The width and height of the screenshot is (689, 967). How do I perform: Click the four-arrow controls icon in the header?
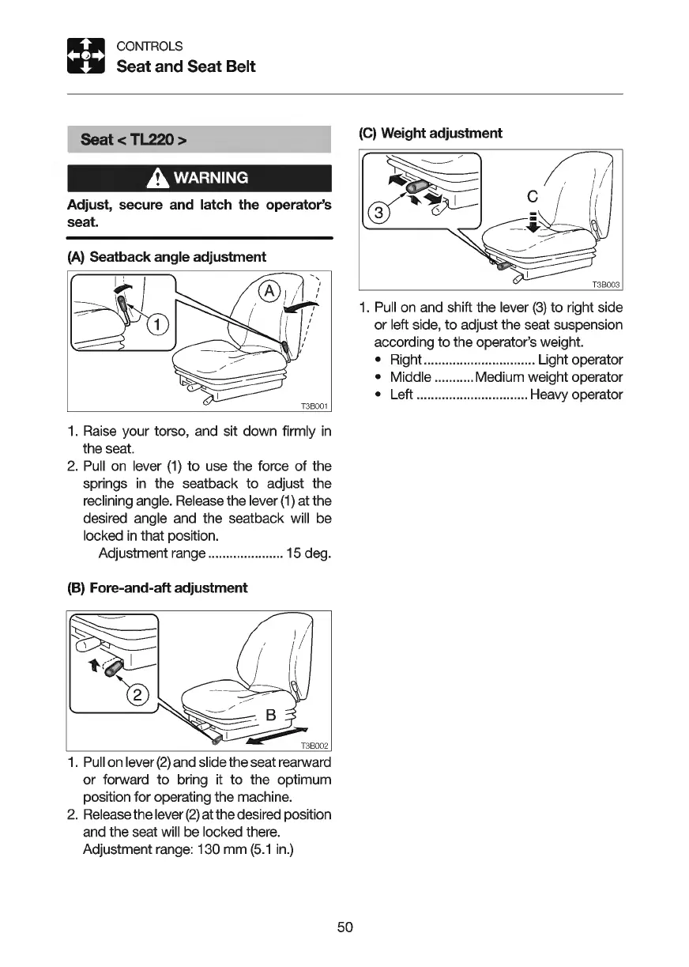pyautogui.click(x=85, y=56)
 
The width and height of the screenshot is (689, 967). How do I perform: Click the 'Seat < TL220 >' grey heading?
pyautogui.click(x=134, y=140)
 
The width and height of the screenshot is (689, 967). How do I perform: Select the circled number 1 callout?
pyautogui.click(x=158, y=323)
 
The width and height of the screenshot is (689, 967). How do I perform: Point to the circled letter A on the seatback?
pyautogui.click(x=269, y=292)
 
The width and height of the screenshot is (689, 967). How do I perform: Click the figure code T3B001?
pyautogui.click(x=314, y=406)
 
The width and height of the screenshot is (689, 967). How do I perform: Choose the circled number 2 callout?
pyautogui.click(x=137, y=696)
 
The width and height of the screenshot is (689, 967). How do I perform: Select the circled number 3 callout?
pyautogui.click(x=379, y=213)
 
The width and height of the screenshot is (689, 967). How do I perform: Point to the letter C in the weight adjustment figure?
pyautogui.click(x=532, y=195)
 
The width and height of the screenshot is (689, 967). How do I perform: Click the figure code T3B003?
pyautogui.click(x=606, y=285)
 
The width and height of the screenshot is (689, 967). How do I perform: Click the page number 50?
pyautogui.click(x=344, y=927)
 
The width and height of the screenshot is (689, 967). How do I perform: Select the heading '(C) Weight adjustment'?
pyautogui.click(x=431, y=133)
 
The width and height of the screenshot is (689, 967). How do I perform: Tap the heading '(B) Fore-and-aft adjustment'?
pyautogui.click(x=157, y=587)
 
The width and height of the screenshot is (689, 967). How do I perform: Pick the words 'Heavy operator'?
pyautogui.click(x=576, y=395)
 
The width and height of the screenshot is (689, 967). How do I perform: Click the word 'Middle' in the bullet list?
pyautogui.click(x=411, y=377)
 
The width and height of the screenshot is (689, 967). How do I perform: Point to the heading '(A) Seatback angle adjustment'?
pyautogui.click(x=167, y=257)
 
